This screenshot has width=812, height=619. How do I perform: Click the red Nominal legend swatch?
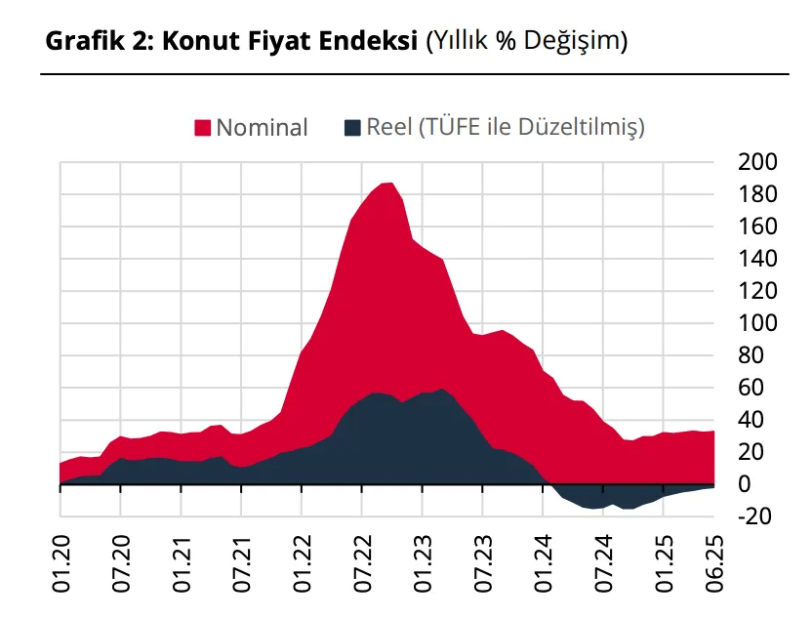[x=204, y=128]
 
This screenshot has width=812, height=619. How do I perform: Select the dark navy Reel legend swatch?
[x=354, y=128]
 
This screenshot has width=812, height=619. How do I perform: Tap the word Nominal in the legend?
[x=262, y=128]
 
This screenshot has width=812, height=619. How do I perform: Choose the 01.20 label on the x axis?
[x=61, y=564]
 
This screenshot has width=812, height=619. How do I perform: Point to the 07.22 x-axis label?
[x=362, y=564]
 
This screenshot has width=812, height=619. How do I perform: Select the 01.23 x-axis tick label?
[x=423, y=564]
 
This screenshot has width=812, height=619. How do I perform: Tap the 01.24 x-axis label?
[x=543, y=564]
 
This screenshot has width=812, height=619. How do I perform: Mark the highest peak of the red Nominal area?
[x=387, y=184]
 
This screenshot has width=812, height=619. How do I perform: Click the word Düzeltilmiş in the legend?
[x=582, y=128]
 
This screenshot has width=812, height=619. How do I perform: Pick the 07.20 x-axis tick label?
[x=121, y=564]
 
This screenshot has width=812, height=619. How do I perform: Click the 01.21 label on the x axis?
[x=182, y=564]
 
